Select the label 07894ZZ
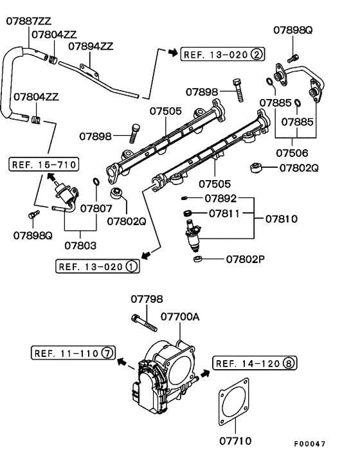click(x=91, y=46)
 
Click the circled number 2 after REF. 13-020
click(x=256, y=54)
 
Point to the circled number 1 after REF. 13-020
click(x=131, y=266)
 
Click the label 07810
click(x=280, y=219)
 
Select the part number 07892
click(x=221, y=198)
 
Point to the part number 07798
click(x=147, y=299)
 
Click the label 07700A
click(x=180, y=317)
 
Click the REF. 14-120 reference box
click(x=254, y=363)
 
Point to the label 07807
click(x=96, y=208)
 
